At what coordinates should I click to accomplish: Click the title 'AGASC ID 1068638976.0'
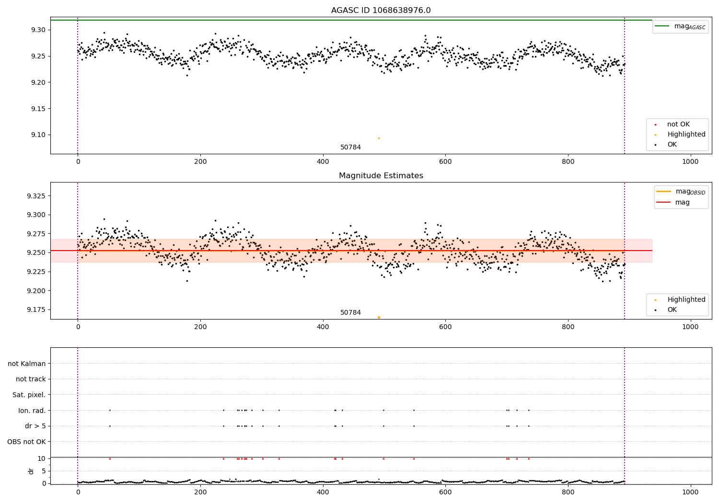tap(381, 11)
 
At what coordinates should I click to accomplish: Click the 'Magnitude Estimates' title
tap(381, 176)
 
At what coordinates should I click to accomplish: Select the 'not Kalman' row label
tap(27, 364)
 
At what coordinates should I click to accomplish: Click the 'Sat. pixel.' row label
tap(29, 395)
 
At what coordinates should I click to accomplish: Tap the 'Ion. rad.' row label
tap(32, 411)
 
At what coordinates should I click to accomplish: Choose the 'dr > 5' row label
tap(35, 426)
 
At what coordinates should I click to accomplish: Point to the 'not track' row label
tap(31, 379)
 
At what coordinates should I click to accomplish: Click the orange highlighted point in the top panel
tap(379, 138)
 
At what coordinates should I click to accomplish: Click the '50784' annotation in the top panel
tap(350, 148)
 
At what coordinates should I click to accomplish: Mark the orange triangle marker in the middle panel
tap(379, 318)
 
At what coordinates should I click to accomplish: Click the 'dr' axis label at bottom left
tap(31, 471)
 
